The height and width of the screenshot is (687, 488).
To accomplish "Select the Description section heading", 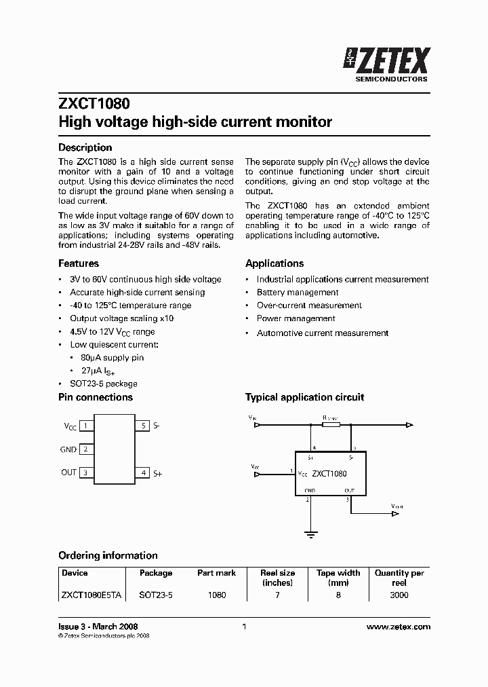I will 85,147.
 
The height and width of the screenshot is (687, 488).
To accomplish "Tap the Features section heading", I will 79,263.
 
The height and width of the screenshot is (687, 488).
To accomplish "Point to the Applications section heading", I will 274,263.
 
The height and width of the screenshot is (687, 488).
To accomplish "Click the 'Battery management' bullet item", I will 297,292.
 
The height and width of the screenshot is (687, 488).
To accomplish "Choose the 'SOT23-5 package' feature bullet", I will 103,384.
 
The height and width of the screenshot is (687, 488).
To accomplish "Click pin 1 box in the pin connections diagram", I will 86,426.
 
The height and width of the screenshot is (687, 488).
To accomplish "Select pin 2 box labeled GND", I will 86,449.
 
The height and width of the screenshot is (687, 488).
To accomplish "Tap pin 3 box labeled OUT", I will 86,472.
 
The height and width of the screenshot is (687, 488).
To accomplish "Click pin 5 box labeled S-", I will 142,426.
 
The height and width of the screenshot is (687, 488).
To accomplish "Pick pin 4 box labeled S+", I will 142,472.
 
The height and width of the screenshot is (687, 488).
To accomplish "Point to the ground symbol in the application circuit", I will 310,534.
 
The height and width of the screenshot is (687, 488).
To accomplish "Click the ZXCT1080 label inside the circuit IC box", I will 329,473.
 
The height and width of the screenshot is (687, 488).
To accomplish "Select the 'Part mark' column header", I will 216,573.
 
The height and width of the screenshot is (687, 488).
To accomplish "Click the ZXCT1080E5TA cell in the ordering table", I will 91,595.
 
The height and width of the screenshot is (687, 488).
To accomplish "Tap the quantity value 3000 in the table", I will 399,595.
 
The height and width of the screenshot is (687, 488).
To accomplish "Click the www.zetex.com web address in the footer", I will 398,627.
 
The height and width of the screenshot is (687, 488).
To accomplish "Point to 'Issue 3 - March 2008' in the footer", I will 98,627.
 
